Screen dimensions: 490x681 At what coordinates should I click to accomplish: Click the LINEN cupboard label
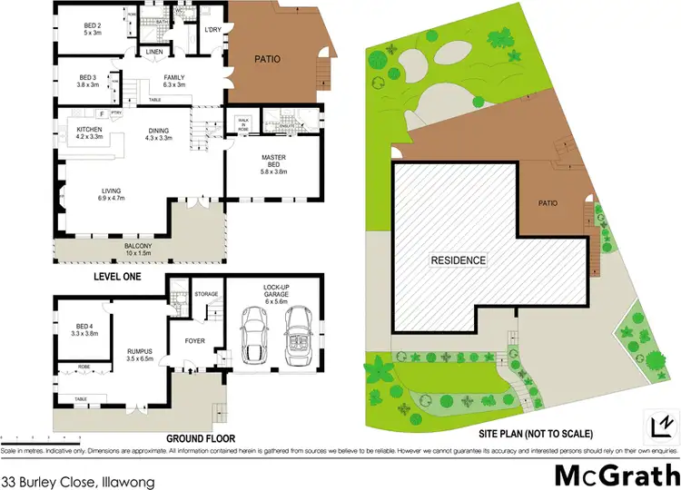point(154,53)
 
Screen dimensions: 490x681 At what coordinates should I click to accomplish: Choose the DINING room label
point(159,130)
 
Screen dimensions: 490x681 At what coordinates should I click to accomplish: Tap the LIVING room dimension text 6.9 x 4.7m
point(112,197)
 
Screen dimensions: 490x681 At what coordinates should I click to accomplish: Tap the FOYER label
point(196,342)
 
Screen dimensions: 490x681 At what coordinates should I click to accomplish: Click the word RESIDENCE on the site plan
point(458,260)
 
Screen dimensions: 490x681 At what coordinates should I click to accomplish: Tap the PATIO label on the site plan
point(546,203)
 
